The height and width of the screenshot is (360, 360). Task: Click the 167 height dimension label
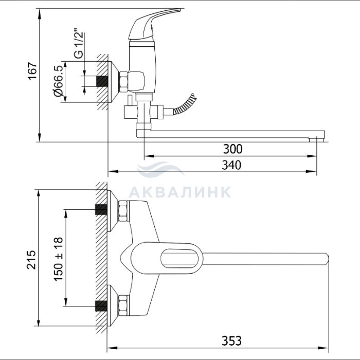click(x=32, y=71)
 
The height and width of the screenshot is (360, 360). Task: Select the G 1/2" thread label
click(x=79, y=43)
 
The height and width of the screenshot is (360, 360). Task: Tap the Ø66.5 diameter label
click(x=58, y=81)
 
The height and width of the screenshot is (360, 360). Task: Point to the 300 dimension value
click(x=232, y=149)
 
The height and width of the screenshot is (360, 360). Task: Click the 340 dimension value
click(x=231, y=165)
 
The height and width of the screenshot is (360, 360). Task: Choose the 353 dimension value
click(x=231, y=340)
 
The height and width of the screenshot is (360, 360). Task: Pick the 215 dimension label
click(x=31, y=259)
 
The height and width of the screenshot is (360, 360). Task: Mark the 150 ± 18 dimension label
click(x=58, y=259)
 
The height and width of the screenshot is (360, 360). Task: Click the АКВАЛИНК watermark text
click(x=180, y=192)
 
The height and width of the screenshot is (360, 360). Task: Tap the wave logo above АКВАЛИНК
click(x=160, y=169)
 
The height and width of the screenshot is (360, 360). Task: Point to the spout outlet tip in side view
click(x=316, y=140)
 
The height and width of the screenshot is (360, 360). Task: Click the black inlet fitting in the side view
click(x=102, y=81)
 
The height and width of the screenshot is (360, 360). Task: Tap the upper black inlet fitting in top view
click(x=101, y=209)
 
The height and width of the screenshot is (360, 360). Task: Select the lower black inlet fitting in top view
click(x=101, y=306)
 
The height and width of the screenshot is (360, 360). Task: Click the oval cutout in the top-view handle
click(x=179, y=259)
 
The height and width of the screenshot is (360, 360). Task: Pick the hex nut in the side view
click(x=123, y=82)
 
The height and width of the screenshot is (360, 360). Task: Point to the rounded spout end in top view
click(x=326, y=259)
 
